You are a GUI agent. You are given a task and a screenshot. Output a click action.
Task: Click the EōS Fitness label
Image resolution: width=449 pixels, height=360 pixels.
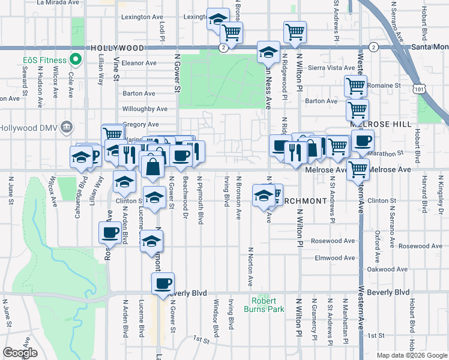click(45, 60)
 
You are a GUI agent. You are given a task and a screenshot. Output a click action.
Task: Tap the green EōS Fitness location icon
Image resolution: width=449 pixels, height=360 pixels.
click(76, 60)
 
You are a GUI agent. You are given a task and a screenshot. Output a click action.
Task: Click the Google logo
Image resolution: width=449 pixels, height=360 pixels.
click(20, 353)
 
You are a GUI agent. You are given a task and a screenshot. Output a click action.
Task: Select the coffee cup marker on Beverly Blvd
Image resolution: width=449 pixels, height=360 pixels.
click(163, 284)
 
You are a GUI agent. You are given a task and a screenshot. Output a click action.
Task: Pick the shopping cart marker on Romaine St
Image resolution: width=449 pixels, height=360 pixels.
click(356, 86)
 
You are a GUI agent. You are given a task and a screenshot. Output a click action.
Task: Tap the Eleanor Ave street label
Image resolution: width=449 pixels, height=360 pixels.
click(139, 62)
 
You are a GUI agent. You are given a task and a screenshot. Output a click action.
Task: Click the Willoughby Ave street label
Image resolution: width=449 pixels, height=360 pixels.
click(145, 109)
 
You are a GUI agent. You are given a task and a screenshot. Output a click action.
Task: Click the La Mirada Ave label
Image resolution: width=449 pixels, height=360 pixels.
click(58, 2)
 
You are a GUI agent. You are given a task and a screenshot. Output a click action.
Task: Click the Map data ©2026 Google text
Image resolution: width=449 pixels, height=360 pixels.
click(411, 355)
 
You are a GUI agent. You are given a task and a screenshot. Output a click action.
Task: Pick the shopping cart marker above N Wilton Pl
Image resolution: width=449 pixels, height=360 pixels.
click(295, 32)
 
